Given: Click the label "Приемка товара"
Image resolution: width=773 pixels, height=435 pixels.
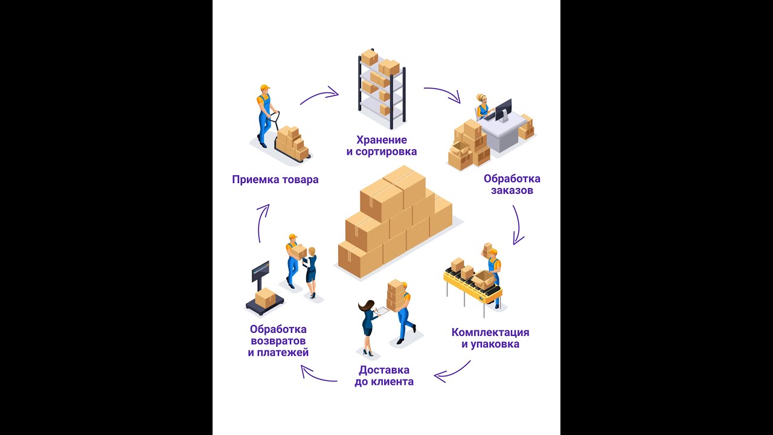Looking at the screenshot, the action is tap(275, 179).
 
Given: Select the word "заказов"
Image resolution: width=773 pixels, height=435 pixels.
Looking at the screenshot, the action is tap(512, 190).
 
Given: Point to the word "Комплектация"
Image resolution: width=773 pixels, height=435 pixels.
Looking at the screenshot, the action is tap(490, 332).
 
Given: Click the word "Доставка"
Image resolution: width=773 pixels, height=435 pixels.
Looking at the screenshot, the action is tap(383, 370).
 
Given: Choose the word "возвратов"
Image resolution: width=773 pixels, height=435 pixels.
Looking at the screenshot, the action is tap(278, 341).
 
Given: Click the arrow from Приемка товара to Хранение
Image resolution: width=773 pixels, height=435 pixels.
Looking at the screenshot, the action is tap(319, 95).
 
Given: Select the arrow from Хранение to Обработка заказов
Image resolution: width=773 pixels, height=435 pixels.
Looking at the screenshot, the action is tap(442, 93).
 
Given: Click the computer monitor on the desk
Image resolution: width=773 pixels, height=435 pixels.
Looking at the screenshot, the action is tap(503, 109).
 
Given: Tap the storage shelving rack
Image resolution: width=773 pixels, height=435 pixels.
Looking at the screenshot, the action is tap(382, 88).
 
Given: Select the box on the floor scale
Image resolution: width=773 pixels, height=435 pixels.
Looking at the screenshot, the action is tap(265, 297).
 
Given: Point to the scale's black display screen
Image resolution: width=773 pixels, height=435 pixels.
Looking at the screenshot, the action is tap(260, 271).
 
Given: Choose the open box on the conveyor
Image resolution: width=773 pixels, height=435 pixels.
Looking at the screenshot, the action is tap(483, 279).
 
